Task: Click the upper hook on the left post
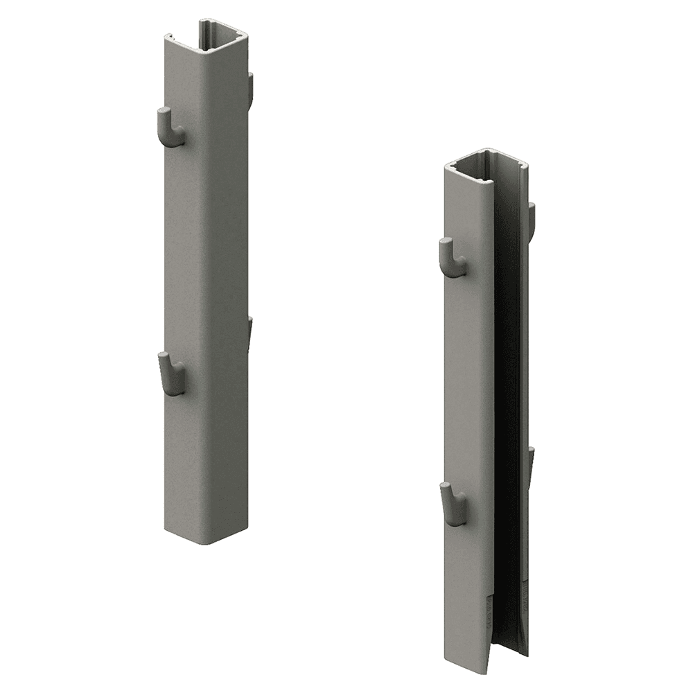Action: (x=169, y=128)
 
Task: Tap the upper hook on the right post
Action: (x=452, y=258)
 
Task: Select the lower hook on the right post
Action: (x=453, y=505)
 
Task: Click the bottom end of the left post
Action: (x=206, y=537)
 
